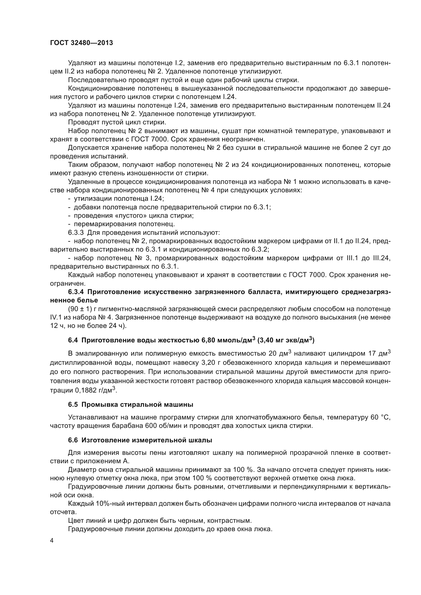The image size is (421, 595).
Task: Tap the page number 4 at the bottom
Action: click(52, 541)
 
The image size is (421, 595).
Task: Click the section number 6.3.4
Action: click(76, 292)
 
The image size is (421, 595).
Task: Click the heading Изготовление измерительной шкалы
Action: click(147, 440)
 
